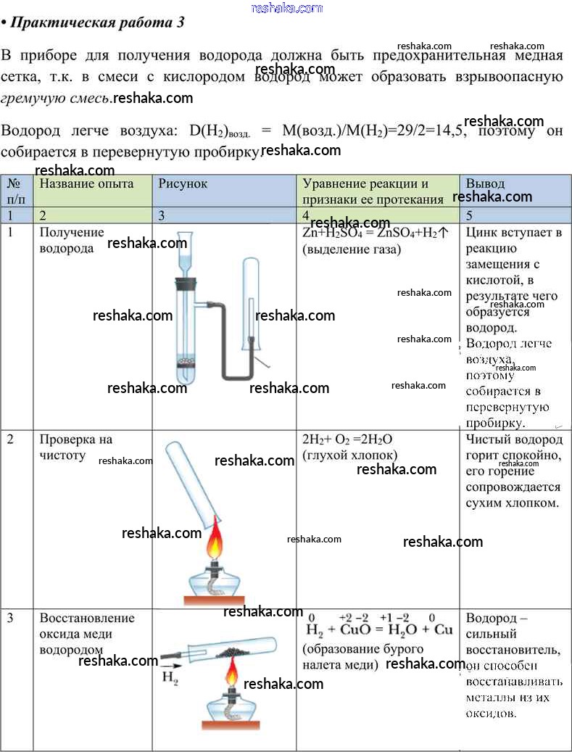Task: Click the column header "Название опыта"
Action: point(86,183)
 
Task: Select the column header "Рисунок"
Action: point(183,183)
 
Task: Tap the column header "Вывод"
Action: point(485,183)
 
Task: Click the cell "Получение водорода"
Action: point(71,240)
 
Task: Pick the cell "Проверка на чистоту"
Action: point(75,447)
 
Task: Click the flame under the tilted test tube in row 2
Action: point(215,544)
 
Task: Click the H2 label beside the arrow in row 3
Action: point(170,679)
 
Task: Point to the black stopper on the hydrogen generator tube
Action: point(186,283)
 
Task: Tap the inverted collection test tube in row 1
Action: point(250,305)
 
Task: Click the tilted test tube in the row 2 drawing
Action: point(192,483)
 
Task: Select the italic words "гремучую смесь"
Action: point(56,98)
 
